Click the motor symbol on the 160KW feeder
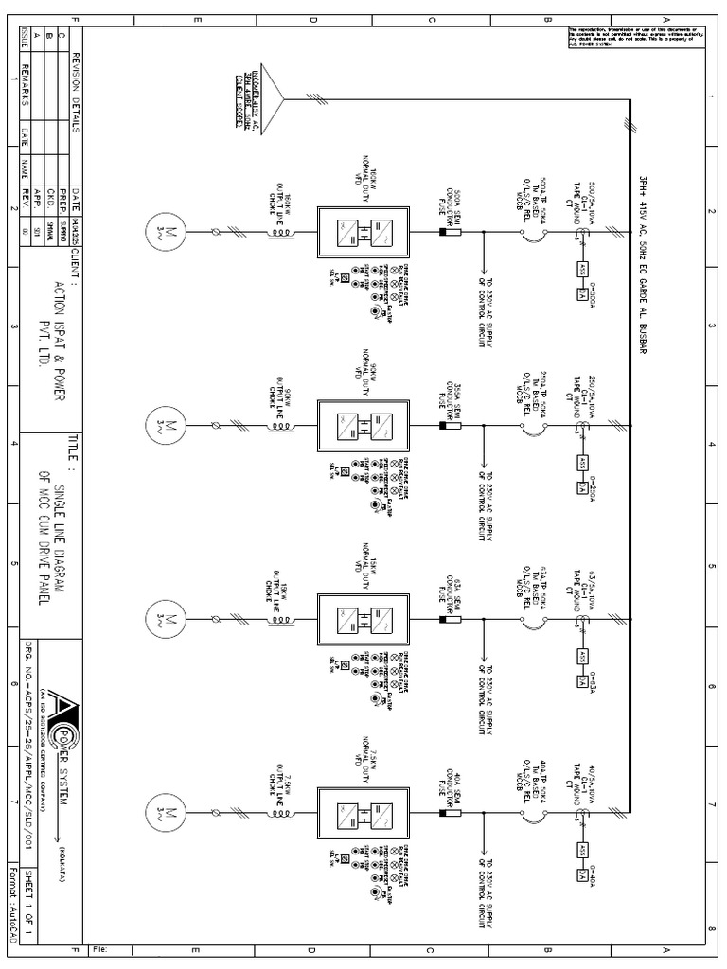[x=162, y=231]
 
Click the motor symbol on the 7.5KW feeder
[x=162, y=812]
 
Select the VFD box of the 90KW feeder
[x=363, y=425]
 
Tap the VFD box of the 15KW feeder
[x=363, y=619]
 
